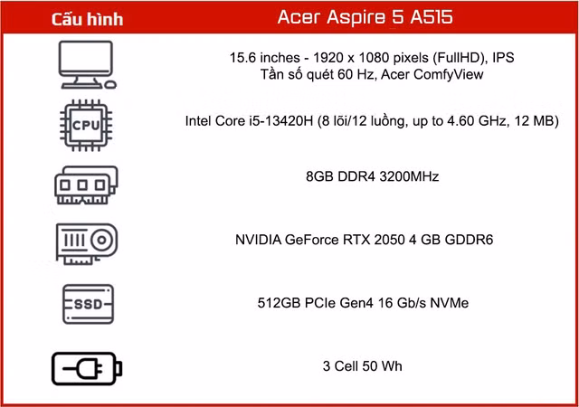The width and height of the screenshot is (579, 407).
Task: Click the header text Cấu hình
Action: click(87, 19)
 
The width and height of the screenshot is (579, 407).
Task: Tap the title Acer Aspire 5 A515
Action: click(365, 17)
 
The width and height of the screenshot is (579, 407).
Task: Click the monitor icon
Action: click(88, 65)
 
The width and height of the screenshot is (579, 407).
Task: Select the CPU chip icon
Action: click(86, 125)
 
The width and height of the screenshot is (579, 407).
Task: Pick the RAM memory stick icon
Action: click(86, 185)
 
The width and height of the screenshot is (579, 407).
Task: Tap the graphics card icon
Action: click(87, 244)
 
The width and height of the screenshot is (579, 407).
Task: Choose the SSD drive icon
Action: click(88, 304)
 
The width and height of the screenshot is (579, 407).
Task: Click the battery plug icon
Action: click(87, 369)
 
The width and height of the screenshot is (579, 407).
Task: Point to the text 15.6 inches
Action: click(265, 58)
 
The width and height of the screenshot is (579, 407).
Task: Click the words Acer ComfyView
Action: click(432, 74)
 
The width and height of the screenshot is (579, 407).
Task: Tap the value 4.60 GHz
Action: click(476, 121)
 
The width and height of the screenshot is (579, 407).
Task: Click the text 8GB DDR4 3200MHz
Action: click(372, 176)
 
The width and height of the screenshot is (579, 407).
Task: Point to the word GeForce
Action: click(311, 240)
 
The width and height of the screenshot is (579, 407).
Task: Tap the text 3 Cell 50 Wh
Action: click(362, 366)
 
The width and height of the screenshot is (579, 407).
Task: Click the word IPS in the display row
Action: click(503, 58)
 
